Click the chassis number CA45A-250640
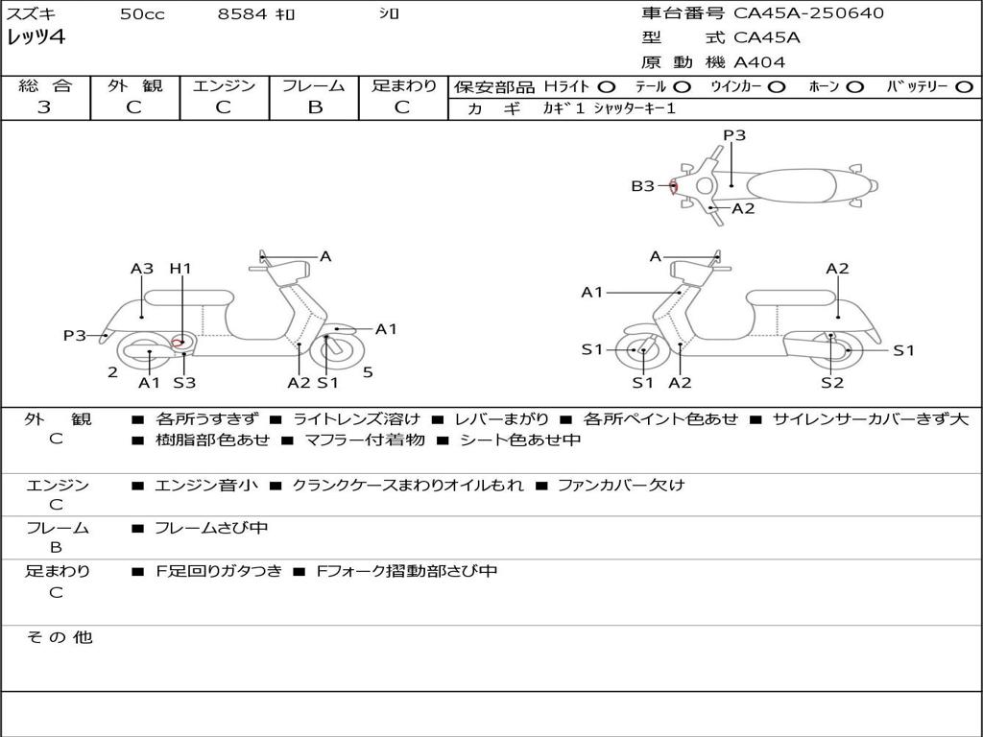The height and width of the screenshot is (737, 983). pyautogui.click(x=808, y=13)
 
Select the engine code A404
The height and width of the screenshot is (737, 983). pyautogui.click(x=759, y=62)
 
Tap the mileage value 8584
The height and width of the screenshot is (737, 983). pyautogui.click(x=243, y=14)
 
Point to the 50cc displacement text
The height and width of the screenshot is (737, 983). pyautogui.click(x=142, y=14)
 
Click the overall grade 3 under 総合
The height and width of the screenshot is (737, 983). pyautogui.click(x=44, y=107)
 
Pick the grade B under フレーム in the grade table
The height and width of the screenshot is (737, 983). pyautogui.click(x=314, y=107)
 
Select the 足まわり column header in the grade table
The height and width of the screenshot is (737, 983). pyautogui.click(x=403, y=86)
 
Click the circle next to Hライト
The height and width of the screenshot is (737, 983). pyautogui.click(x=607, y=87)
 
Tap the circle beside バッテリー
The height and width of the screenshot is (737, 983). pyautogui.click(x=964, y=87)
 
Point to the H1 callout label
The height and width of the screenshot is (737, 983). pyautogui.click(x=180, y=269)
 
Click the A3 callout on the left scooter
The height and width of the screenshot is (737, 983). pyautogui.click(x=142, y=269)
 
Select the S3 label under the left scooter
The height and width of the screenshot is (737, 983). pyautogui.click(x=184, y=383)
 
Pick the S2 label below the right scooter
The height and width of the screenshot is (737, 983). pyautogui.click(x=831, y=383)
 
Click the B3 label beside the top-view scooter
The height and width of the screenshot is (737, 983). pyautogui.click(x=642, y=186)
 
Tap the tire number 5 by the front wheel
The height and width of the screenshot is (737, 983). pyautogui.click(x=368, y=372)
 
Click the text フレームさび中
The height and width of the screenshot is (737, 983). pyautogui.click(x=211, y=529)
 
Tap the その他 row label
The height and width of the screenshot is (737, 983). pyautogui.click(x=60, y=637)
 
